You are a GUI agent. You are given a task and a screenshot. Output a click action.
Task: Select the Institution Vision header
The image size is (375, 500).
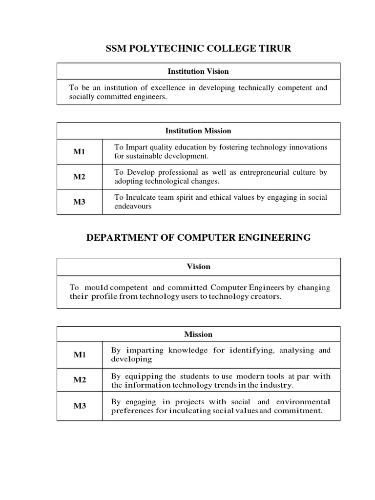198,71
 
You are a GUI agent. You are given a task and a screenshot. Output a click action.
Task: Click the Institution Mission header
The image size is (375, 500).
198,131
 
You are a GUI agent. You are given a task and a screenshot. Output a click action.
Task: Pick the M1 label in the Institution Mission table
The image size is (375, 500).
79,152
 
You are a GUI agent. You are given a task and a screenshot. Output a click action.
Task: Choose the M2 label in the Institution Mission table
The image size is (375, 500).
79,177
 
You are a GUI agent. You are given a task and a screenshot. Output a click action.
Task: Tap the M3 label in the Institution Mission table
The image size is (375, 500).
79,202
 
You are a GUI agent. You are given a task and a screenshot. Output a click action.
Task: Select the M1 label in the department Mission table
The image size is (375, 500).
79,355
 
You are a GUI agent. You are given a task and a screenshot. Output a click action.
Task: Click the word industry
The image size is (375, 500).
278,385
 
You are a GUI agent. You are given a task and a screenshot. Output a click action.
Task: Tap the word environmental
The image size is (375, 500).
303,402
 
